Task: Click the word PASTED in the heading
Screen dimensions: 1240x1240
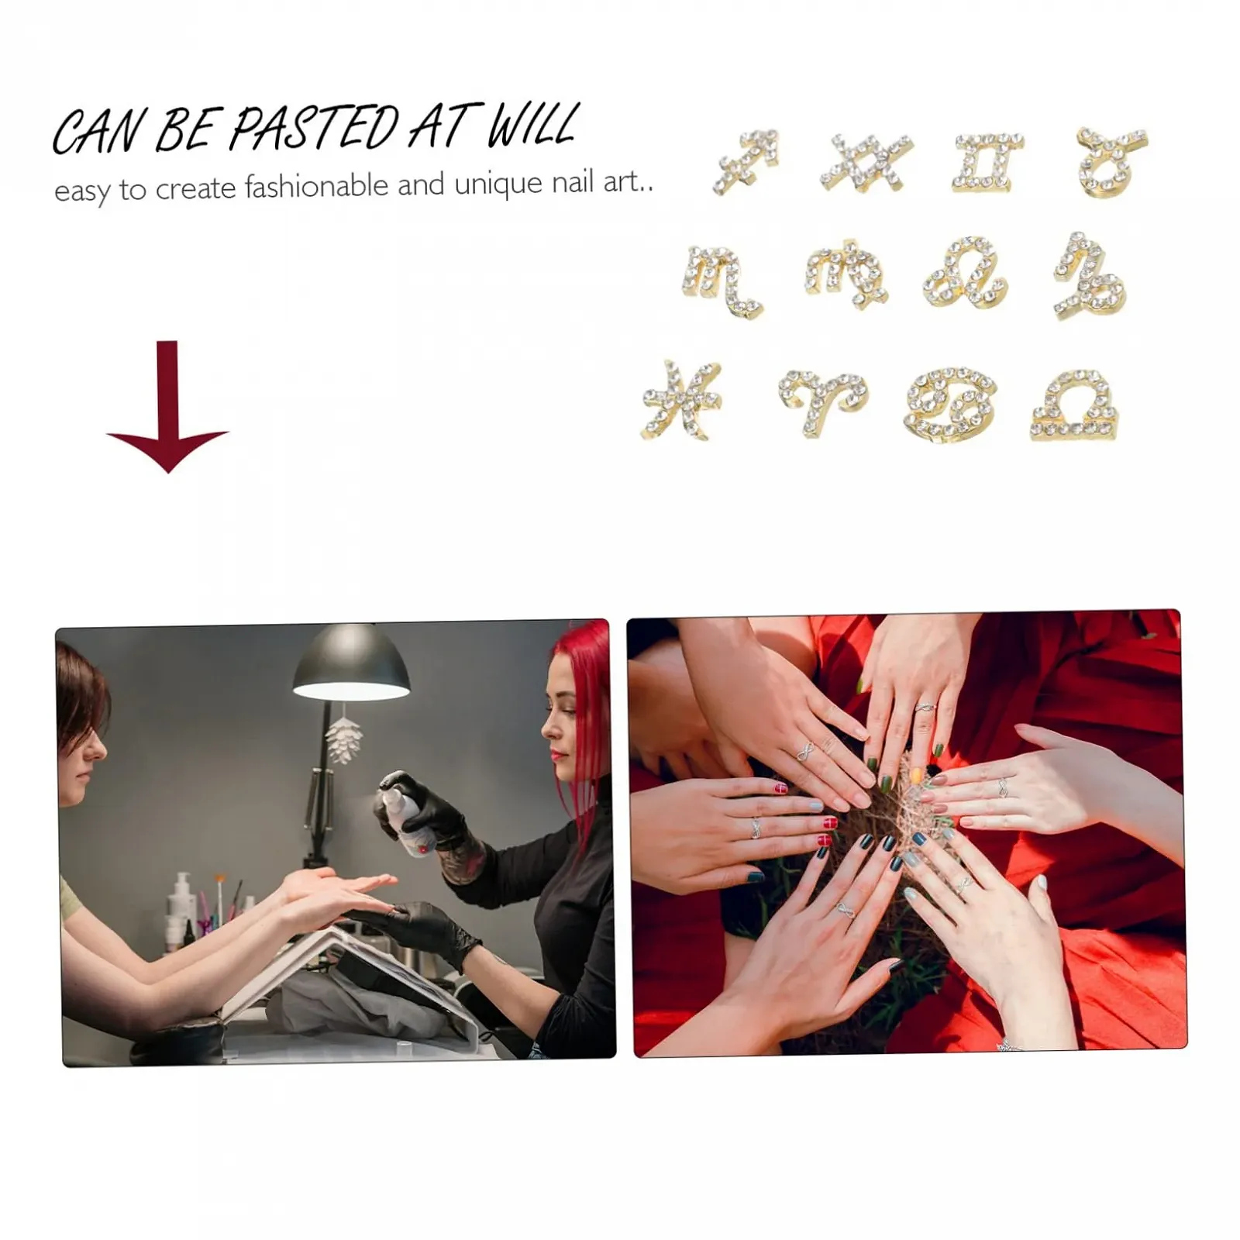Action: click(313, 128)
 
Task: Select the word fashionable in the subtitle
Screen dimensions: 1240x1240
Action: click(316, 187)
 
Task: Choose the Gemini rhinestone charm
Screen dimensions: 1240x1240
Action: click(983, 163)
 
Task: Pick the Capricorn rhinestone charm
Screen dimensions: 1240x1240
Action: click(1089, 276)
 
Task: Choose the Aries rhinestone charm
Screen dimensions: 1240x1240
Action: click(824, 398)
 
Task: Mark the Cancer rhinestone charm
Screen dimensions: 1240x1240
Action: click(951, 404)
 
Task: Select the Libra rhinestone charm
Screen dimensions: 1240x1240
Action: click(1075, 405)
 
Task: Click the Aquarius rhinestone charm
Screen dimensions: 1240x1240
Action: click(866, 161)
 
